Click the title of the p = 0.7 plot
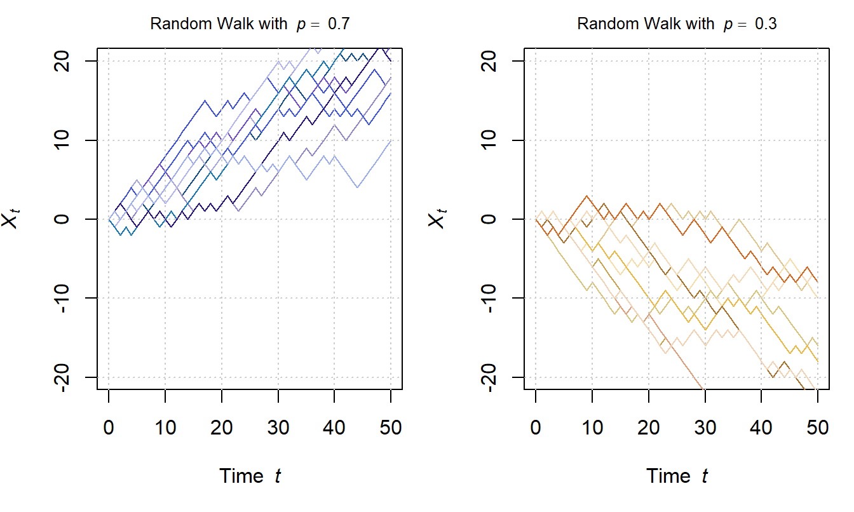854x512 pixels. click(x=250, y=24)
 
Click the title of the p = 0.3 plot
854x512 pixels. click(x=677, y=24)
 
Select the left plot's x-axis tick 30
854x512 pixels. click(x=278, y=428)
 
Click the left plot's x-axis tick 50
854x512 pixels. click(x=390, y=428)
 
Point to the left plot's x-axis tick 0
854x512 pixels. click(x=109, y=428)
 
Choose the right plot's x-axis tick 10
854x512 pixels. click(x=592, y=428)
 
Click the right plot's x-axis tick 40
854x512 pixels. click(x=761, y=428)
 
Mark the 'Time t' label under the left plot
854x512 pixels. click(x=250, y=476)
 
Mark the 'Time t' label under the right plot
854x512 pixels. click(x=677, y=476)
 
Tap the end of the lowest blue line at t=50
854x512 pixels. click(x=390, y=140)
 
